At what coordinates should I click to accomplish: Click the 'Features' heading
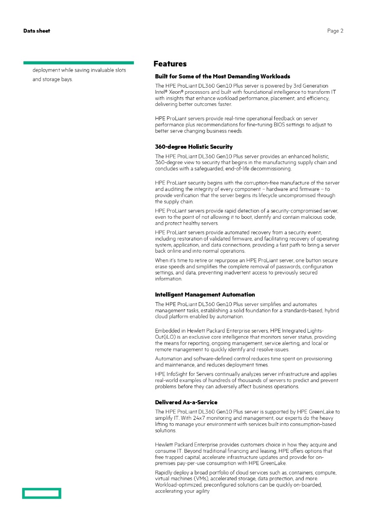170,64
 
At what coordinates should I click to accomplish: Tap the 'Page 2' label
335,31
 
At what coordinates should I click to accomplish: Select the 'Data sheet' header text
37,31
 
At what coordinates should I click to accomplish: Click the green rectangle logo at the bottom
42,493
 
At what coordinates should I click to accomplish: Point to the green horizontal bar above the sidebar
78,63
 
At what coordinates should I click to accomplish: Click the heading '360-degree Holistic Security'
194,147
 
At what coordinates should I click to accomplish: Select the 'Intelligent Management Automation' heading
205,295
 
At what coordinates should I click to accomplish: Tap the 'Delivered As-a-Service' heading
186,402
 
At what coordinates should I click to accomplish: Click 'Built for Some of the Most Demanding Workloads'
223,76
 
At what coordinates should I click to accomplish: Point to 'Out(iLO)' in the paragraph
166,337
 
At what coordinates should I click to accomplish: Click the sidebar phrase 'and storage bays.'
52,79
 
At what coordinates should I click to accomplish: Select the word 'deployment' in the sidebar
46,70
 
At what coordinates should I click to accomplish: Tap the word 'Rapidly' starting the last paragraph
163,473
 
